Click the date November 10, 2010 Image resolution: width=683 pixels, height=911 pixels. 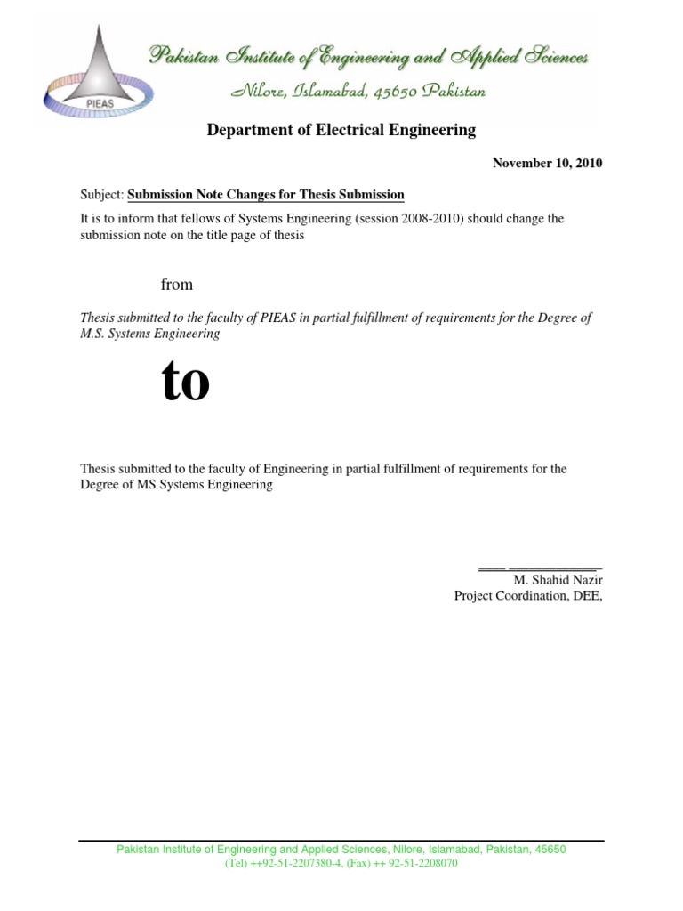[547, 164]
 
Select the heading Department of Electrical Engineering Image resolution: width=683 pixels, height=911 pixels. [341, 131]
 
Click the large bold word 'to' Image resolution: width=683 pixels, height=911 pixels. [186, 383]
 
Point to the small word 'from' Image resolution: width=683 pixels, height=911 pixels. [176, 285]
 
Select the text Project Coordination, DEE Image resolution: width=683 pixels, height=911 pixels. [527, 596]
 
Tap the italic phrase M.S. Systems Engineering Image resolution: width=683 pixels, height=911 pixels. [150, 334]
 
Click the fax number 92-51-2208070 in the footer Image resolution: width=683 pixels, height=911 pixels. [422, 864]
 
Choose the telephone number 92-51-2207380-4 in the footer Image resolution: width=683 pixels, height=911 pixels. [283, 864]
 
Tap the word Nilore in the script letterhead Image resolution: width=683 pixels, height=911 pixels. [257, 91]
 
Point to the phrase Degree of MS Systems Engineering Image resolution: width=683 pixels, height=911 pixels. [176, 486]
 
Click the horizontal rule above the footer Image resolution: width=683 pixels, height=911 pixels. [341, 841]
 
